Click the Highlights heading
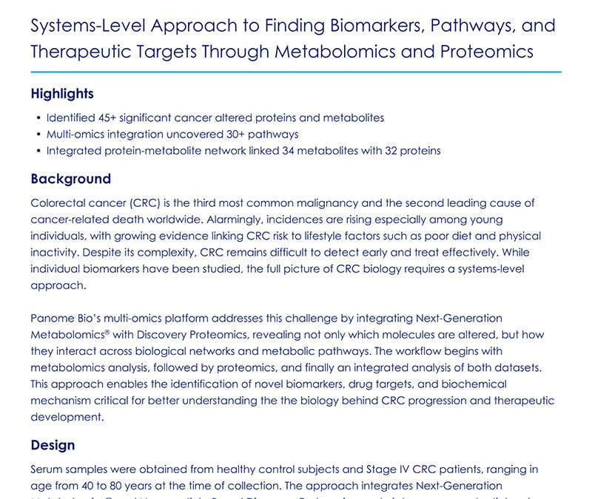coord(62,94)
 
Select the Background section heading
coord(70,179)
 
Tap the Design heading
coord(53,445)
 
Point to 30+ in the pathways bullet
coord(236,134)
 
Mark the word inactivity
coord(55,253)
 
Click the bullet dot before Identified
coord(38,118)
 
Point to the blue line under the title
coord(296,72)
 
